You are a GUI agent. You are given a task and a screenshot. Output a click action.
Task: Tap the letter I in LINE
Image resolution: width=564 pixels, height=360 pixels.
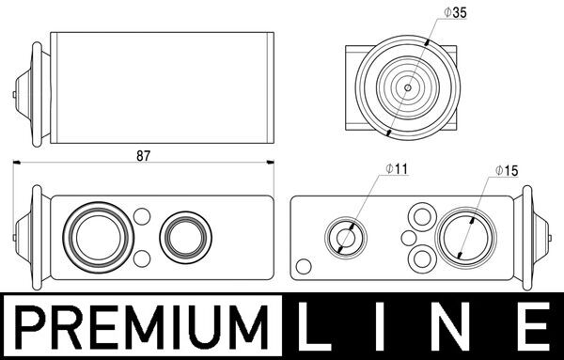click(386, 329)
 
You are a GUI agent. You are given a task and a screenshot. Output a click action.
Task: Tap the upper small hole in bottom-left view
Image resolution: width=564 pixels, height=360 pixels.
click(142, 217)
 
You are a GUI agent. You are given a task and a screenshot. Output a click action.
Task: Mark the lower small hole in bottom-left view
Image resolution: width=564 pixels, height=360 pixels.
click(142, 258)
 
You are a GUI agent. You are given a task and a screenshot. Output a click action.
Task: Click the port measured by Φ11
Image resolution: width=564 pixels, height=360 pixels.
click(344, 238)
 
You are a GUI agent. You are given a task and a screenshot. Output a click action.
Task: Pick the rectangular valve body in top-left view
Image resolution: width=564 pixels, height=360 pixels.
click(161, 89)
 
